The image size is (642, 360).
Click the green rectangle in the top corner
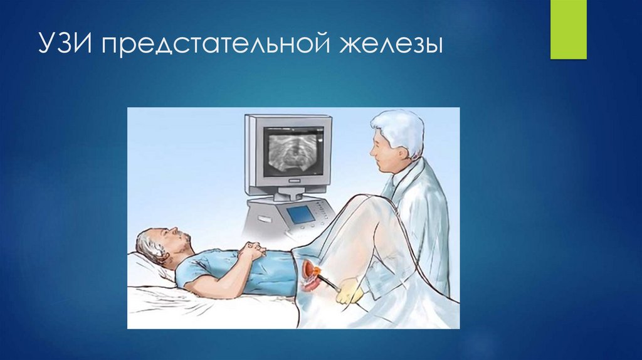(568, 29)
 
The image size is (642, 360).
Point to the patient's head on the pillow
(160, 245)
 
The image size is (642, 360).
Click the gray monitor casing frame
(251, 151)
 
